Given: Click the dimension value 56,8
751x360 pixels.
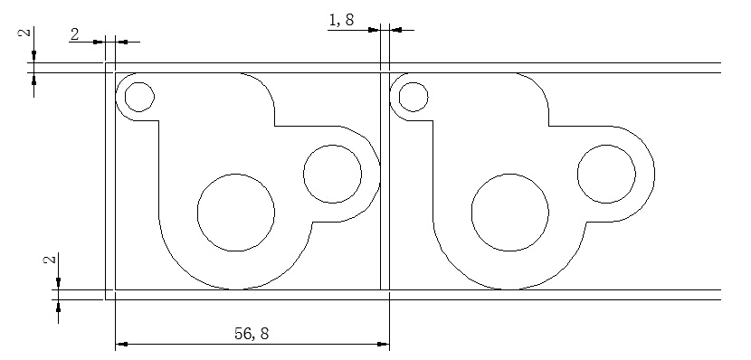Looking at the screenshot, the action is coord(252,333).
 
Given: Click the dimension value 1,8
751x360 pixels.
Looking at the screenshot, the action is coord(341,20).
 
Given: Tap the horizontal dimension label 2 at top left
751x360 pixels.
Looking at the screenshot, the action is coord(75,34).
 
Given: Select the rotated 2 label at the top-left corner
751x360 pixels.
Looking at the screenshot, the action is coord(27,32).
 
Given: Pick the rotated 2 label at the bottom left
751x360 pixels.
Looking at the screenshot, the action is coord(51,260).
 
